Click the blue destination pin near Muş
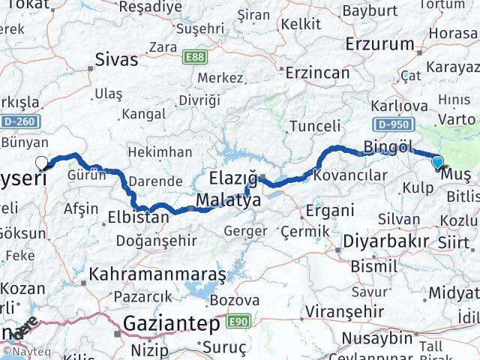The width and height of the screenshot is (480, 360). (x=437, y=160)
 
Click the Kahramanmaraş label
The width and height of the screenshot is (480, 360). (x=157, y=274)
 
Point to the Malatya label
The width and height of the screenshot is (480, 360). (x=229, y=201)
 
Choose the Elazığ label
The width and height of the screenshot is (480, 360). (x=233, y=180)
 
